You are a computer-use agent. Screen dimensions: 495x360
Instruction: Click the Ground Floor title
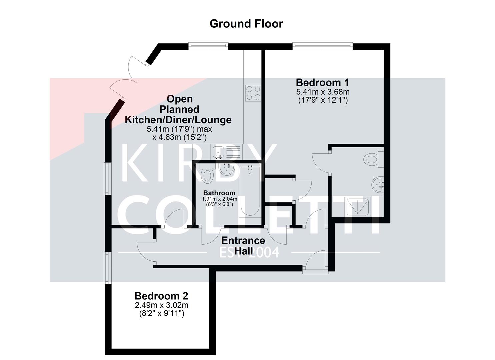pyautogui.click(x=246, y=24)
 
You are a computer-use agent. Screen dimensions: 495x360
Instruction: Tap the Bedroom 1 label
pyautogui.click(x=322, y=83)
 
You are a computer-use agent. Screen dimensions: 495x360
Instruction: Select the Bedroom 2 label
pyautogui.click(x=161, y=296)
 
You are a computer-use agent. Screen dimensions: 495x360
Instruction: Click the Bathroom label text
pyautogui.click(x=219, y=193)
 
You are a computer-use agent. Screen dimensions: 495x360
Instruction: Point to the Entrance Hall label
pyautogui.click(x=243, y=246)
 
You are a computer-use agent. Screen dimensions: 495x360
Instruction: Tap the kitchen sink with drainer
pyautogui.click(x=226, y=152)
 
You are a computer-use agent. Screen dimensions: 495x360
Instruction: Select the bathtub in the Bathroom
pyautogui.click(x=250, y=190)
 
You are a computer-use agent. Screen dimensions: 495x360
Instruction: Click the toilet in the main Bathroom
pyautogui.click(x=207, y=174)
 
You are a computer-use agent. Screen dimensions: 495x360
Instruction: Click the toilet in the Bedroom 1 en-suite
pyautogui.click(x=373, y=159)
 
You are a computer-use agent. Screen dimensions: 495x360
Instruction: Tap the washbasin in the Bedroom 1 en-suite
pyautogui.click(x=378, y=185)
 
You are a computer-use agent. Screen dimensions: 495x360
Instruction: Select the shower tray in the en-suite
pyautogui.click(x=358, y=207)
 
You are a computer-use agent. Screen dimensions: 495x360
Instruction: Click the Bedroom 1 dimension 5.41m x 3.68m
pyautogui.click(x=323, y=92)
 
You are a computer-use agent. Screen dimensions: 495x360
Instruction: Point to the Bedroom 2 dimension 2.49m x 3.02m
pyautogui.click(x=162, y=305)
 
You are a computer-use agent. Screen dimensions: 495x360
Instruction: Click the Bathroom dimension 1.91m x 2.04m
pyautogui.click(x=219, y=199)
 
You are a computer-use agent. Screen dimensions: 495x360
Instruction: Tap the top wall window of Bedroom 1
pyautogui.click(x=323, y=45)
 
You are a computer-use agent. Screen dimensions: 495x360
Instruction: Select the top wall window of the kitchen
pyautogui.click(x=208, y=45)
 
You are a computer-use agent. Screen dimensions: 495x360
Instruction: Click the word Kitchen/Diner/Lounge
pyautogui.click(x=178, y=120)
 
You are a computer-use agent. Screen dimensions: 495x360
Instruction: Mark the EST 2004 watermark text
pyautogui.click(x=249, y=252)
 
